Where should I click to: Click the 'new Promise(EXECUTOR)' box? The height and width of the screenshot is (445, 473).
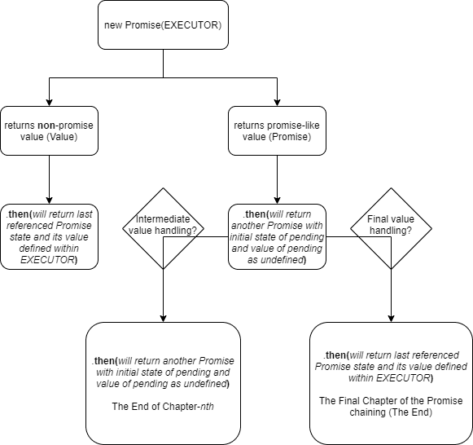(163, 24)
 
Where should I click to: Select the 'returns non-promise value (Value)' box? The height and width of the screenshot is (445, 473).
(49, 130)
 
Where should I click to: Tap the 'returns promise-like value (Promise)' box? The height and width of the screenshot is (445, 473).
(277, 130)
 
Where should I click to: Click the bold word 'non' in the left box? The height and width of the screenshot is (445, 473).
(46, 126)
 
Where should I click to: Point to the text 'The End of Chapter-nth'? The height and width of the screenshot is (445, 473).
(163, 407)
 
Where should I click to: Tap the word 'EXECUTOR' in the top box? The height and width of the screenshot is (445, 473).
(190, 25)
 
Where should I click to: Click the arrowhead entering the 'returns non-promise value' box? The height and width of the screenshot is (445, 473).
(49, 103)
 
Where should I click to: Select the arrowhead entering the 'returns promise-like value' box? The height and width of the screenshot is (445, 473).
(277, 103)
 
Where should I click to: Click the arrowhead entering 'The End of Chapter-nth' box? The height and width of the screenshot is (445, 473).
(163, 319)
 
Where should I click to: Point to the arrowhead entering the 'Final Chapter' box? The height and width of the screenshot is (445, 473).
(391, 319)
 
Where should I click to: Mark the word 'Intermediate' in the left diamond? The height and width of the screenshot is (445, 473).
(163, 219)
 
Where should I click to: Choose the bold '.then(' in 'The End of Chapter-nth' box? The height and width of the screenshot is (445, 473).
(104, 361)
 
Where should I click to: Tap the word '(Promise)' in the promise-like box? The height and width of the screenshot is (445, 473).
(290, 137)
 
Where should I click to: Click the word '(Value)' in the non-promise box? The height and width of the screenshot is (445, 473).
(62, 137)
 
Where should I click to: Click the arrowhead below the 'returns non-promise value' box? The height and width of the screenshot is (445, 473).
(49, 200)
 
